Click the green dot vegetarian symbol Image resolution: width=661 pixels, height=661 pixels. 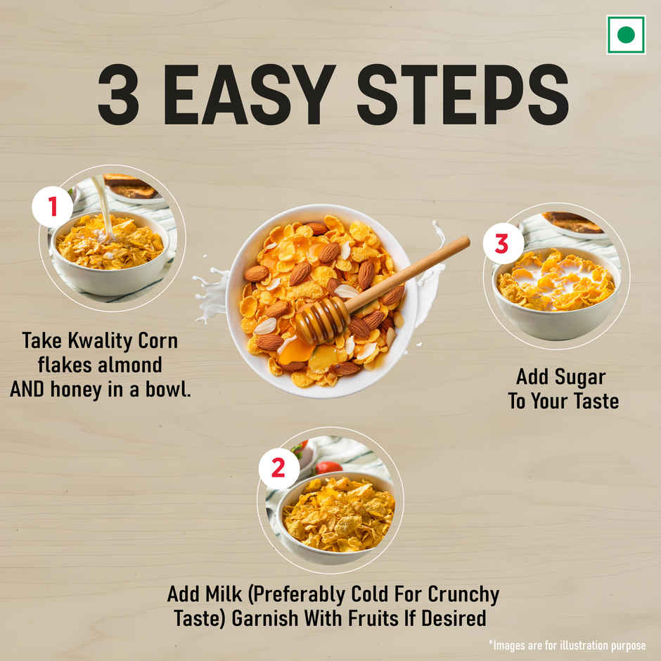click(625, 34)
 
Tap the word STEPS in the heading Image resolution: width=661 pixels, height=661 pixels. click(462, 96)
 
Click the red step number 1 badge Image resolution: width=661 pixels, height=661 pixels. click(52, 207)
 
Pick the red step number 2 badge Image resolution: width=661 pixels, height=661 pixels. click(278, 468)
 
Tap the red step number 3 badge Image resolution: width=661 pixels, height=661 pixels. click(501, 243)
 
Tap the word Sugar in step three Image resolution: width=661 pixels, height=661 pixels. click(579, 377)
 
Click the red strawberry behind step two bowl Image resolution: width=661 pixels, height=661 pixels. click(328, 467)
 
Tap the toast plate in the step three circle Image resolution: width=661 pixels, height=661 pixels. click(573, 223)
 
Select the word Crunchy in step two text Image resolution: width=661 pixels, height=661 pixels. click(466, 594)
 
